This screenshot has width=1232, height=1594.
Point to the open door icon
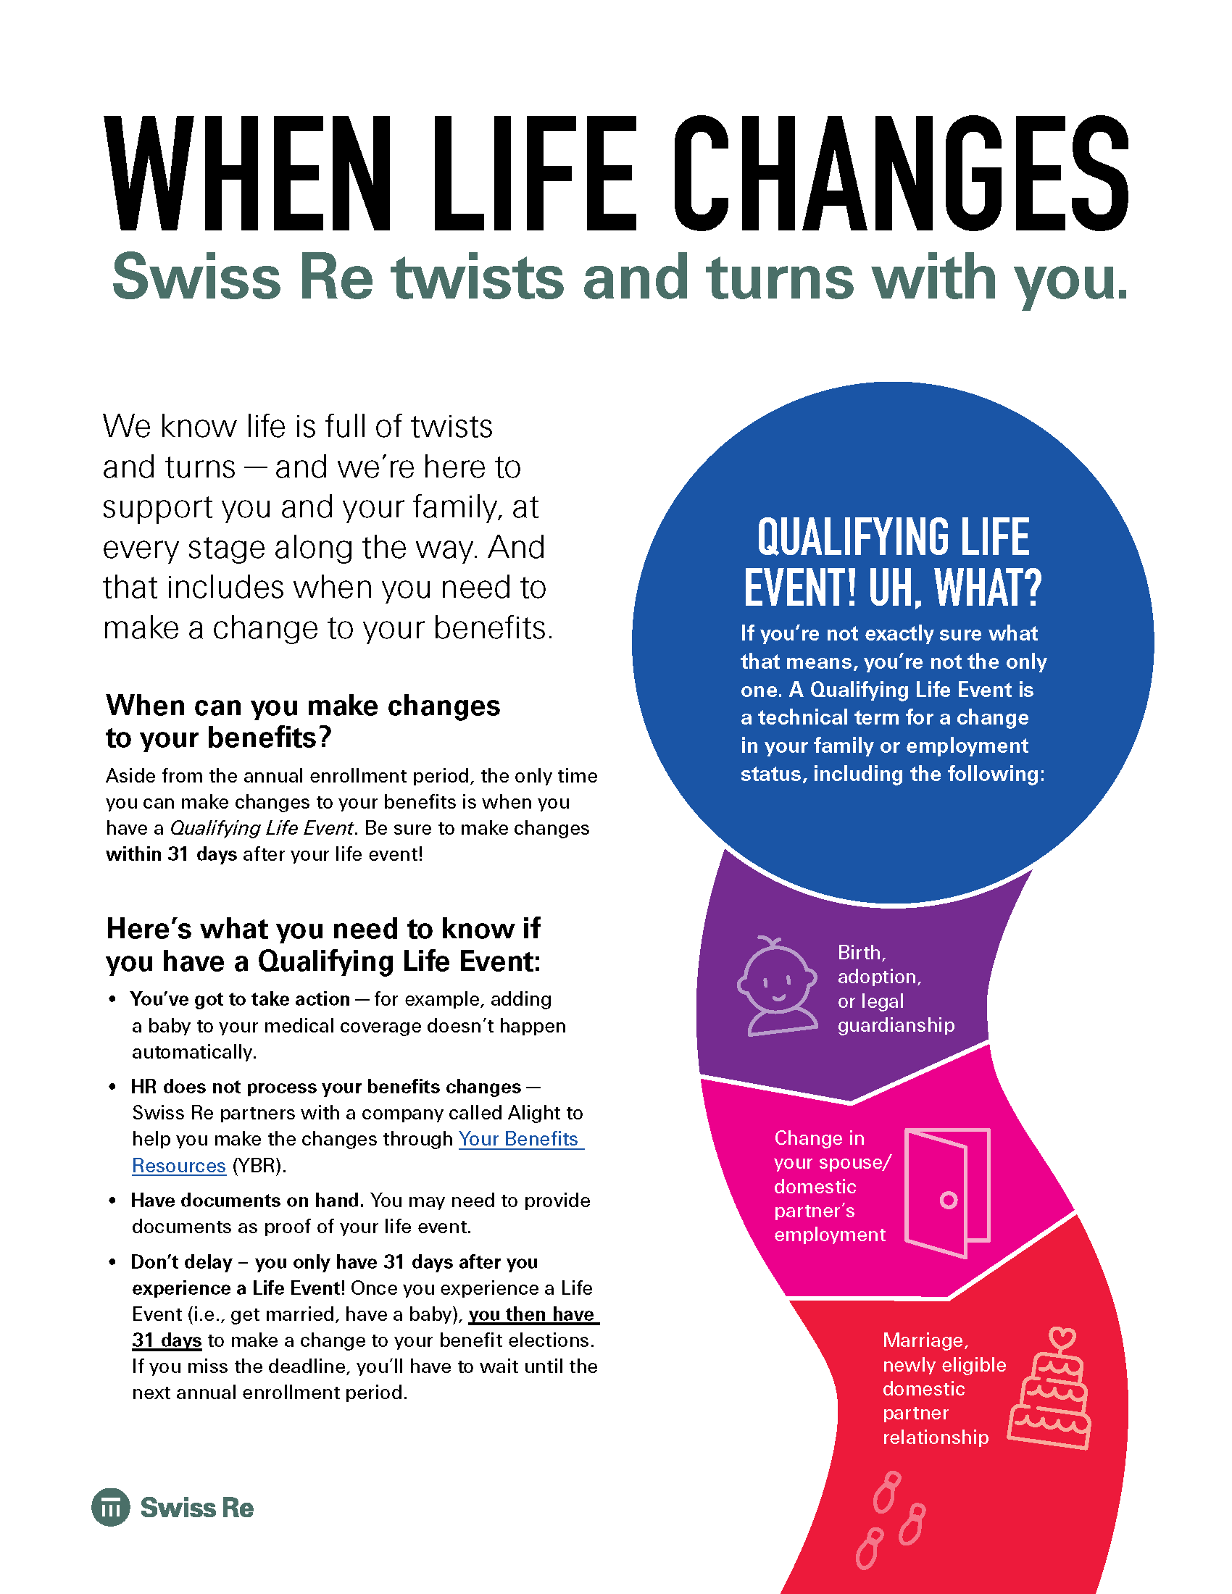pyautogui.click(x=947, y=1193)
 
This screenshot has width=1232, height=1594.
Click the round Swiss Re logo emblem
pyautogui.click(x=111, y=1507)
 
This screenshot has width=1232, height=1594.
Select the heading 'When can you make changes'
pyautogui.click(x=303, y=706)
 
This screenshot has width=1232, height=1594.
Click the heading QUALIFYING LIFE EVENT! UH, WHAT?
pyautogui.click(x=894, y=562)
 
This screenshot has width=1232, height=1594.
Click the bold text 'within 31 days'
pyautogui.click(x=172, y=854)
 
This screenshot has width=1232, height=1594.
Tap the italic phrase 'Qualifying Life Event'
pyautogui.click(x=262, y=828)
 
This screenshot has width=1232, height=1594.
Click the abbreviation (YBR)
pyautogui.click(x=259, y=1166)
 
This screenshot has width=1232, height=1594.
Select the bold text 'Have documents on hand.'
pyautogui.click(x=247, y=1201)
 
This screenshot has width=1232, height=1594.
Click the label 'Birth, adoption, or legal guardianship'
pyautogui.click(x=896, y=989)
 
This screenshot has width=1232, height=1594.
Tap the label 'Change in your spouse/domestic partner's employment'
pyautogui.click(x=833, y=1186)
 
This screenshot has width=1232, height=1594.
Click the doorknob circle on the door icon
pyautogui.click(x=949, y=1200)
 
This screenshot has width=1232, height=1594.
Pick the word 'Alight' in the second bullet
pyautogui.click(x=536, y=1113)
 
